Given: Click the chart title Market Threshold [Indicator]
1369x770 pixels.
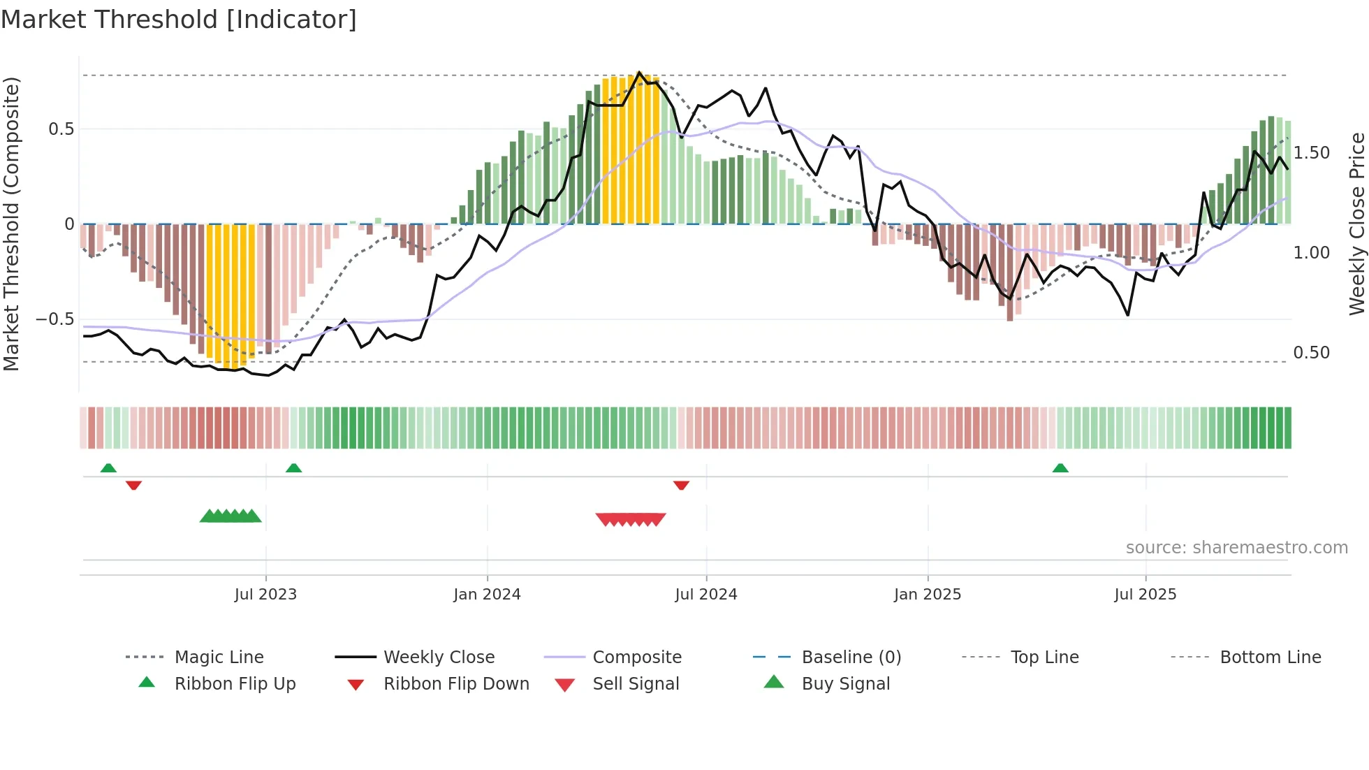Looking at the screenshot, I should click(x=179, y=20).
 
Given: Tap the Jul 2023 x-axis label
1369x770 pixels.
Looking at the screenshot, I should click(x=265, y=595).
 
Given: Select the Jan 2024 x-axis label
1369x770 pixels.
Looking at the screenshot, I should click(x=487, y=595).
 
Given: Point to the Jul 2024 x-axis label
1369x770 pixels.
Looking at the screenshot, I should click(x=705, y=595).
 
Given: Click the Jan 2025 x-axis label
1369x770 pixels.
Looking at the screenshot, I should click(x=928, y=595).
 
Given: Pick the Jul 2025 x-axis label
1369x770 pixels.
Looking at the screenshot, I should click(x=1145, y=595).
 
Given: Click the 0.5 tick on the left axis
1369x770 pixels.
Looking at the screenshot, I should click(x=61, y=129).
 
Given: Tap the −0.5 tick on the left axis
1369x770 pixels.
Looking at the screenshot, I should click(x=54, y=319).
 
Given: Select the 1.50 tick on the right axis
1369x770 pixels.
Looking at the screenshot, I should click(x=1311, y=153).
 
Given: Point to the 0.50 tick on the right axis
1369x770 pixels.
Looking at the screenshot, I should click(x=1311, y=353).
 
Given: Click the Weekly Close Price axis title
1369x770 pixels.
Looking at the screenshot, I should click(x=1356, y=224).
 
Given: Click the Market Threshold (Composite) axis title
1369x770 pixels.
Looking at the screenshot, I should click(x=11, y=224).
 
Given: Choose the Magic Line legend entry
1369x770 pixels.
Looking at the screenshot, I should click(x=219, y=658).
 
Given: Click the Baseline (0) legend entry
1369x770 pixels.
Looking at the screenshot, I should click(x=851, y=658).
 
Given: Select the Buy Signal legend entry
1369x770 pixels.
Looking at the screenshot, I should click(x=845, y=684).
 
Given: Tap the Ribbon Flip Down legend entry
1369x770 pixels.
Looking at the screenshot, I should click(x=456, y=684).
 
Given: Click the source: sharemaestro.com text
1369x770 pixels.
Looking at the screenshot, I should click(x=1236, y=548).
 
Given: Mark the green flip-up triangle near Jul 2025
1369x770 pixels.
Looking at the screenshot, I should click(x=1060, y=468).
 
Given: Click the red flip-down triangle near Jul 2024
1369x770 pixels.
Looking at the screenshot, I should click(x=681, y=485).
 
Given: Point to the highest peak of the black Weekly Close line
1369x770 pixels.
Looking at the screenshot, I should click(x=639, y=73).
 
